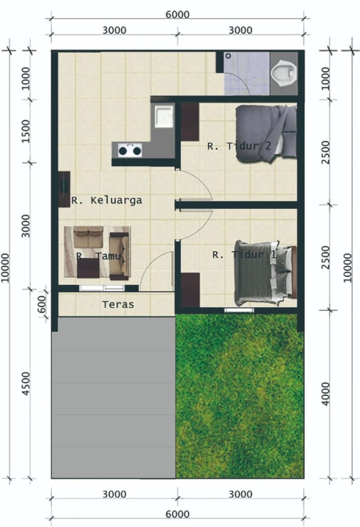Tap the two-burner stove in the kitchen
tap(130, 151)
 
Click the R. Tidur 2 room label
tap(239, 146)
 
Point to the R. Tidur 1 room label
tap(244, 254)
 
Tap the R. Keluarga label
tap(107, 201)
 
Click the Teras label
tap(118, 304)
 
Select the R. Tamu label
tap(99, 256)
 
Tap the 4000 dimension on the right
tap(326, 394)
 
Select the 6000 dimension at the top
tap(178, 14)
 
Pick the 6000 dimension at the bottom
tap(178, 514)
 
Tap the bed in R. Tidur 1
tap(264, 273)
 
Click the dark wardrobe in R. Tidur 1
tap(190, 290)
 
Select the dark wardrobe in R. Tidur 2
tap(190, 122)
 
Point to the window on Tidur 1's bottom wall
tap(239, 310)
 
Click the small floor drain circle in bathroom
tap(228, 56)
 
